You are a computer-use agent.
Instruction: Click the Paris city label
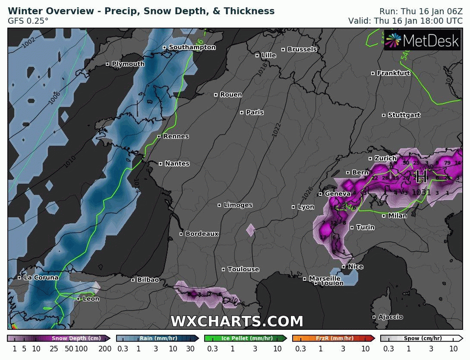click(255, 113)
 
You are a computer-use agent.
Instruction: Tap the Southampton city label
click(192, 47)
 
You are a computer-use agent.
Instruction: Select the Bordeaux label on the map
click(202, 234)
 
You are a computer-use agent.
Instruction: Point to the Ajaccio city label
click(391, 317)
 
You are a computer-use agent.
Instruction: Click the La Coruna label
click(41, 278)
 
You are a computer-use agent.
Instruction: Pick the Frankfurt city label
click(394, 73)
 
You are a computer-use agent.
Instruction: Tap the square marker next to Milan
click(384, 216)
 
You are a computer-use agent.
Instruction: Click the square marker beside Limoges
click(219, 205)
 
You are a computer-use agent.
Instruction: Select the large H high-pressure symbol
click(421, 176)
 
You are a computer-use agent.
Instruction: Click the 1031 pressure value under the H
click(421, 192)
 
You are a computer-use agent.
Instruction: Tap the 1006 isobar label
click(54, 97)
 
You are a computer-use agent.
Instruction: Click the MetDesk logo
click(422, 41)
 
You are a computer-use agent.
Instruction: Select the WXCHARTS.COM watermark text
click(237, 322)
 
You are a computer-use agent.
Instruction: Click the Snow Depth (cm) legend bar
click(59, 338)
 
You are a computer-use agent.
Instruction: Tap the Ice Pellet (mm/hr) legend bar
click(245, 338)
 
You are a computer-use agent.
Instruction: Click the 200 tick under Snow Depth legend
click(105, 349)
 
